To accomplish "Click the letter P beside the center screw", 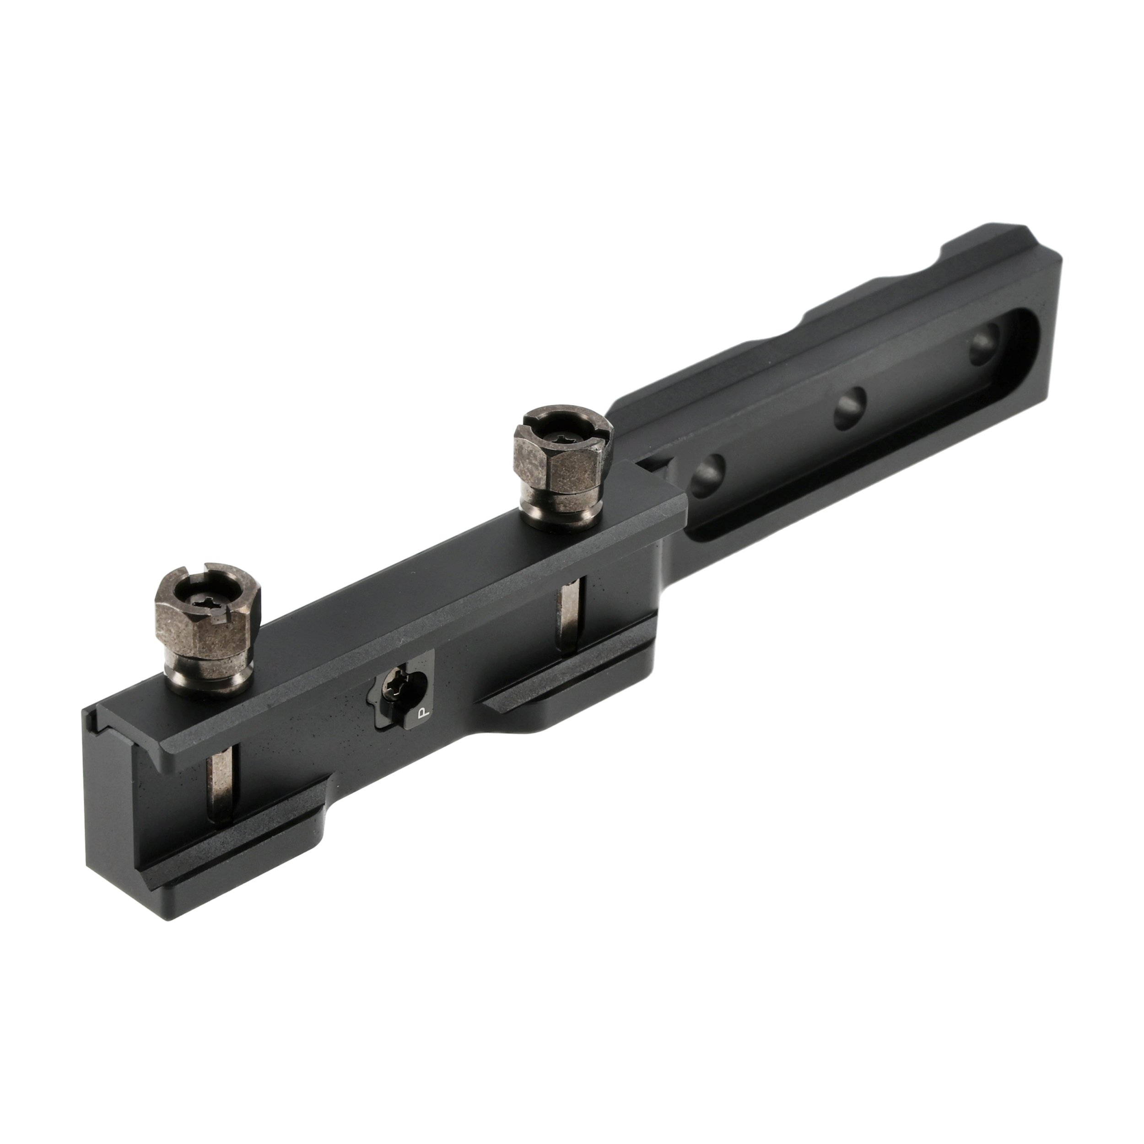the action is [421, 713].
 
